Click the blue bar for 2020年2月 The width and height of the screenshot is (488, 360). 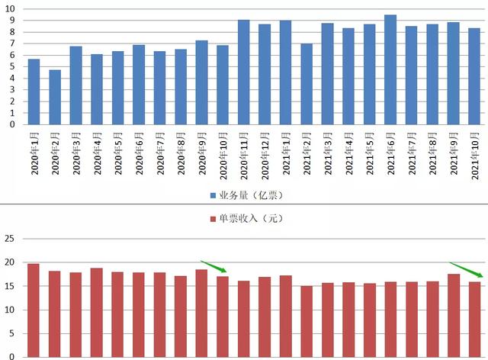[x=55, y=97]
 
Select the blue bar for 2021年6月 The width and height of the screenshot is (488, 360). [x=390, y=69]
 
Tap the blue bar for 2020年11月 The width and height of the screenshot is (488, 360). [x=243, y=72]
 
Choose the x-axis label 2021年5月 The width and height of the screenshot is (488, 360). [x=370, y=153]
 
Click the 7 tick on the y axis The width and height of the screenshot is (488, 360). [x=15, y=43]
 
